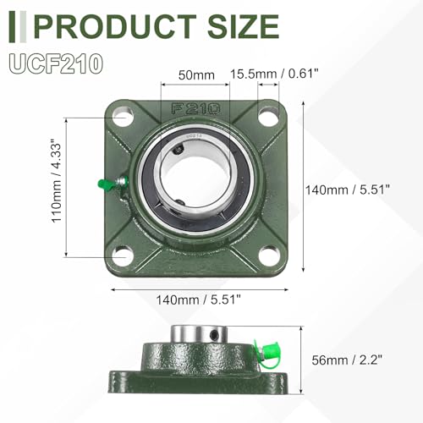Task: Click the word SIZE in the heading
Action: click(x=244, y=26)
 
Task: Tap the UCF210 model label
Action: click(x=56, y=64)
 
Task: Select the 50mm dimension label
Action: click(x=196, y=75)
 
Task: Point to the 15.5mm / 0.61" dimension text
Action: click(x=274, y=74)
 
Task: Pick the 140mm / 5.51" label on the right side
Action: click(x=348, y=190)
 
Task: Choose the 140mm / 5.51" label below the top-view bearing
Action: click(x=199, y=299)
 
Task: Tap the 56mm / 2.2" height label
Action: click(x=347, y=360)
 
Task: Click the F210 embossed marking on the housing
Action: click(x=195, y=108)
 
